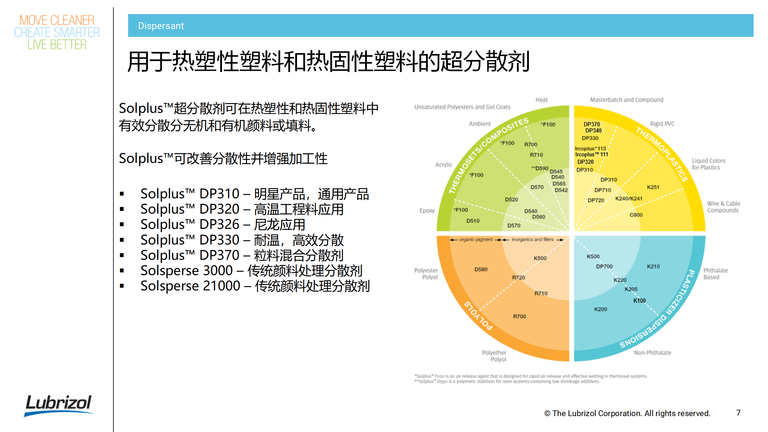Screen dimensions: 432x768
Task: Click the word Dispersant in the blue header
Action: tap(161, 26)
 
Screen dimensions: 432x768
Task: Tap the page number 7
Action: tap(738, 413)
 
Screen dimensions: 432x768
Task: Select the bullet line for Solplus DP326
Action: tap(223, 224)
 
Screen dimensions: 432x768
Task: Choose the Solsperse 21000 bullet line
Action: tap(255, 286)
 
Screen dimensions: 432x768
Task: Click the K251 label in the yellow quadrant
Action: tap(653, 187)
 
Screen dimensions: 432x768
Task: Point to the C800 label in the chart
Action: tap(636, 215)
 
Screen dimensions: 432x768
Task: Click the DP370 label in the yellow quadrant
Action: tap(592, 124)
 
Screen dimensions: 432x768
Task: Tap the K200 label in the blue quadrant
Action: tap(601, 309)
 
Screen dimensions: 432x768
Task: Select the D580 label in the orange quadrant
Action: tap(481, 269)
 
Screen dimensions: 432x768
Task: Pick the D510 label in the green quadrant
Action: tap(473, 221)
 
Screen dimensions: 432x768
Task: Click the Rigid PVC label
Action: tap(662, 124)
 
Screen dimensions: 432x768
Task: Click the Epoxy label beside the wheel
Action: tap(427, 211)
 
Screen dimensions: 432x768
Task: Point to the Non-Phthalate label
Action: tap(652, 353)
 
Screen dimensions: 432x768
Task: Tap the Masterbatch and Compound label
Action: tap(626, 100)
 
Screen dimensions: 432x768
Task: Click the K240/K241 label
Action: tap(629, 199)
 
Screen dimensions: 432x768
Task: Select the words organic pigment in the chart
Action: tap(475, 239)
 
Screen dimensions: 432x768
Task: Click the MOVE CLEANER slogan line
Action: tap(57, 20)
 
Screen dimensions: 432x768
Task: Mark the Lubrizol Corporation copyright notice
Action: tap(627, 413)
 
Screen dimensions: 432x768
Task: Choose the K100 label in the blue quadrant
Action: tap(639, 301)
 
